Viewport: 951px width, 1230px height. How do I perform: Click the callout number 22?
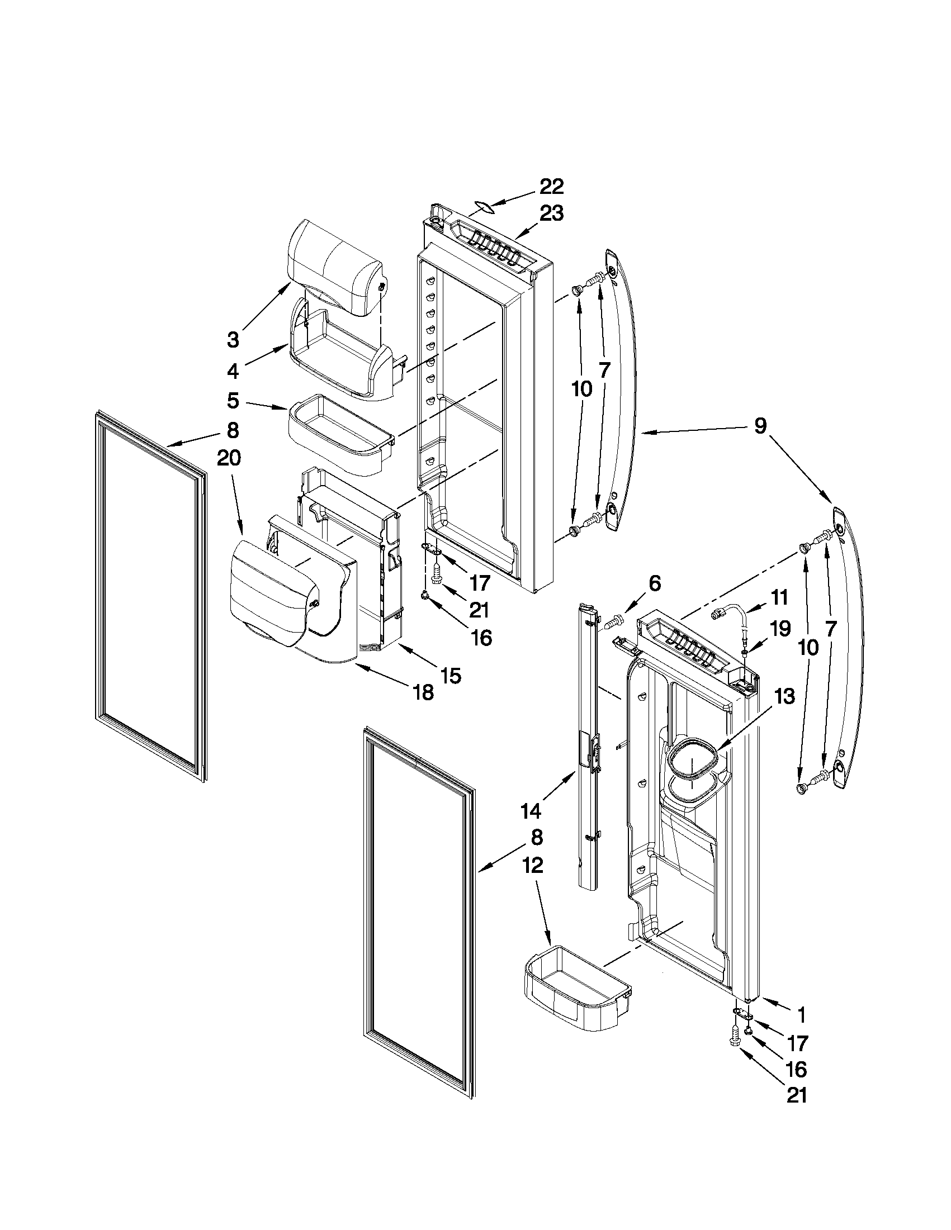tap(552, 187)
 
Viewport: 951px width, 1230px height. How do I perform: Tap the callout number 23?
tap(552, 214)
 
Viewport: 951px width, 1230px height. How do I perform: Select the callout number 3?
tap(233, 340)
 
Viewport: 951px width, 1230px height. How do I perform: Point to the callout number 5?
tap(233, 401)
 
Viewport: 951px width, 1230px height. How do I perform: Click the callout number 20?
tap(229, 459)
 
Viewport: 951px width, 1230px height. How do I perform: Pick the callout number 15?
tap(451, 675)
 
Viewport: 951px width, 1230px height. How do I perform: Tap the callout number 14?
tap(531, 811)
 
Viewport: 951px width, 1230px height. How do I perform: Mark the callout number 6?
tap(654, 584)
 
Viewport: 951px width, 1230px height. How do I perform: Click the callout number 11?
tap(779, 597)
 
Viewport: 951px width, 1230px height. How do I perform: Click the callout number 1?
tap(801, 1015)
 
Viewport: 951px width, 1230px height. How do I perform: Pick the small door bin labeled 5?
tap(338, 434)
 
